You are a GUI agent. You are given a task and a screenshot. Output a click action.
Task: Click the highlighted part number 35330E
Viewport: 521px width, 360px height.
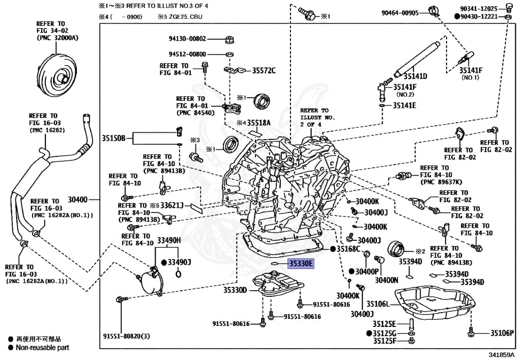click(x=301, y=264)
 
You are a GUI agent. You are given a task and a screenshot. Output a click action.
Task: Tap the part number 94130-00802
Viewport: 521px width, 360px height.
click(x=187, y=39)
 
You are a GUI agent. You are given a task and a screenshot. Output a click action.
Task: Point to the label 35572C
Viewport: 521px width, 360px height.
click(x=264, y=70)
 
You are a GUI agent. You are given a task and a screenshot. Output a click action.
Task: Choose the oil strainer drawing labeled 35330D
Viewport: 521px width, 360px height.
click(x=278, y=285)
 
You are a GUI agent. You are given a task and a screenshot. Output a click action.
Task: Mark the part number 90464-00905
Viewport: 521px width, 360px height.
click(x=400, y=13)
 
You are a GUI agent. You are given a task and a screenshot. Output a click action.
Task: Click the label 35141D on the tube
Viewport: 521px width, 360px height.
click(x=415, y=76)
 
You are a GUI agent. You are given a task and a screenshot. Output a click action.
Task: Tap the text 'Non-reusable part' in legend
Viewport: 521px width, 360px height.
click(x=43, y=348)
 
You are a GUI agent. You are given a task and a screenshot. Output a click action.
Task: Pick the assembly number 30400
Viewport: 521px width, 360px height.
click(x=78, y=200)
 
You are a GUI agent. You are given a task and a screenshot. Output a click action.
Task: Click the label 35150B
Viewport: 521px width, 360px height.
click(x=113, y=138)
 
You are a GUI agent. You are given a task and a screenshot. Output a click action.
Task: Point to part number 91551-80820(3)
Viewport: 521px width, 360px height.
click(x=127, y=336)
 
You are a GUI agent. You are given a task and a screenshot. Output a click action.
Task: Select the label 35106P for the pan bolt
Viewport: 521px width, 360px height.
click(x=502, y=333)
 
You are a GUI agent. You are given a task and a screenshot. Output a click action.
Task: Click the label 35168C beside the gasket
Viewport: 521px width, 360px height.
click(x=349, y=249)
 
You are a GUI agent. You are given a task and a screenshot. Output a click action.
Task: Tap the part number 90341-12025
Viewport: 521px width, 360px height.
click(x=478, y=9)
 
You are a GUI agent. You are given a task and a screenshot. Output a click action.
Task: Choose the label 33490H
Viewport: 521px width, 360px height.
click(x=169, y=240)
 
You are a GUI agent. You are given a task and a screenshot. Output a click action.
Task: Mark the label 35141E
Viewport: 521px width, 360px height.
click(x=404, y=105)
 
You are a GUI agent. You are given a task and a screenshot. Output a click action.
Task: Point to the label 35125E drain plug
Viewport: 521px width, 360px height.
click(x=384, y=324)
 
